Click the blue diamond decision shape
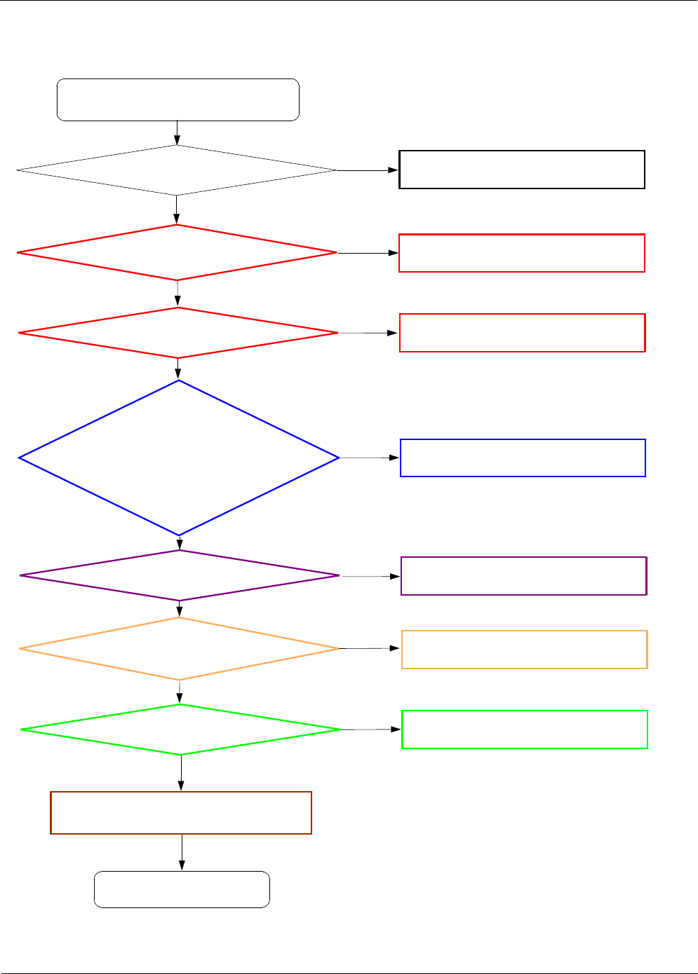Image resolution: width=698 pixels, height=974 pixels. pos(179,458)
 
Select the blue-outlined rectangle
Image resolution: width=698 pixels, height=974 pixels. pos(523,458)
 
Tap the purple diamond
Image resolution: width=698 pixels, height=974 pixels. pos(180,575)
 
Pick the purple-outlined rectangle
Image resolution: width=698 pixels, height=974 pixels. pos(523,576)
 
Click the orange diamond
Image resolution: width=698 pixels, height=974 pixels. pos(180,649)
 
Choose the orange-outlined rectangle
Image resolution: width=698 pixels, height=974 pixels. pos(524,650)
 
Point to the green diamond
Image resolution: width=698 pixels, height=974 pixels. pos(180,729)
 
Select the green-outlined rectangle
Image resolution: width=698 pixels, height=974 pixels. pos(524,729)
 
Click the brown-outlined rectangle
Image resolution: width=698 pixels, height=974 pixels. pos(181,813)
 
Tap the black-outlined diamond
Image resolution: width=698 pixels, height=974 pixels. pos(177,170)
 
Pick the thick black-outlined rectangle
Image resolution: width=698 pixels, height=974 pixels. pos(522,170)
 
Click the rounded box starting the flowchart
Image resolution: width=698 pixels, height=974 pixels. pos(177,100)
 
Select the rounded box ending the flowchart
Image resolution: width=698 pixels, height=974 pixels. pos(182,889)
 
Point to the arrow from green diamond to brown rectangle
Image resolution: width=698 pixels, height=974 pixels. pos(181,773)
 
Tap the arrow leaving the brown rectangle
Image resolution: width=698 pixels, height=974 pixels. pos(182,852)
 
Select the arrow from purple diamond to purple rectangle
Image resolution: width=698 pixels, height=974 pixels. pos(370,576)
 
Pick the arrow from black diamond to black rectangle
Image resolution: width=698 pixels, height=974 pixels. pos(368,170)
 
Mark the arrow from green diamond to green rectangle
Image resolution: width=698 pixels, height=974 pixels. pos(371,729)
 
